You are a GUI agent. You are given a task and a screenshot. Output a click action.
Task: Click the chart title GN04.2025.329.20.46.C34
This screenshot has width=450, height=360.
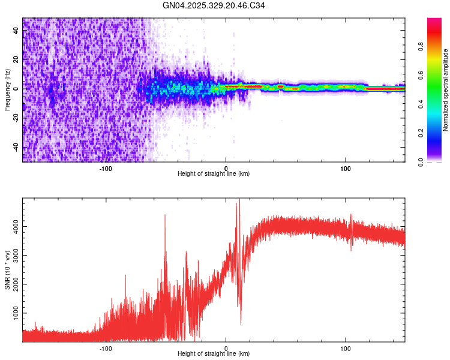coord(214,6)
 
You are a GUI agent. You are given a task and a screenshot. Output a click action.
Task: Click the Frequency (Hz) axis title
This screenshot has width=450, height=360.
coord(7,89)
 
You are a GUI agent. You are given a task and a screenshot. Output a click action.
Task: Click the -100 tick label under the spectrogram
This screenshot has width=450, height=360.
coord(106,168)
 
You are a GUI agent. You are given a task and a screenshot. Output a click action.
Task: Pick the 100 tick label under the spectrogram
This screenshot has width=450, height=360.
coord(345,168)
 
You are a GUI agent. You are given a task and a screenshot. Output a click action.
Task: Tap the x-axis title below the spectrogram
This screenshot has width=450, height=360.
coord(214,173)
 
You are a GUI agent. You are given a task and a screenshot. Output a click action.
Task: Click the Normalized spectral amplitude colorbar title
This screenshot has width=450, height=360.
coord(446,90)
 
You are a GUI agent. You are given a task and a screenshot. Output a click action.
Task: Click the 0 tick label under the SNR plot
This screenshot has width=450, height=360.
coord(226,348)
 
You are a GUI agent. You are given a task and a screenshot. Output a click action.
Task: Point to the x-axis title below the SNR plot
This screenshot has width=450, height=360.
coord(214,353)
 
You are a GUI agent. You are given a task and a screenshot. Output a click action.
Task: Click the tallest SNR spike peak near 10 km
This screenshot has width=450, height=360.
coord(239,200)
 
